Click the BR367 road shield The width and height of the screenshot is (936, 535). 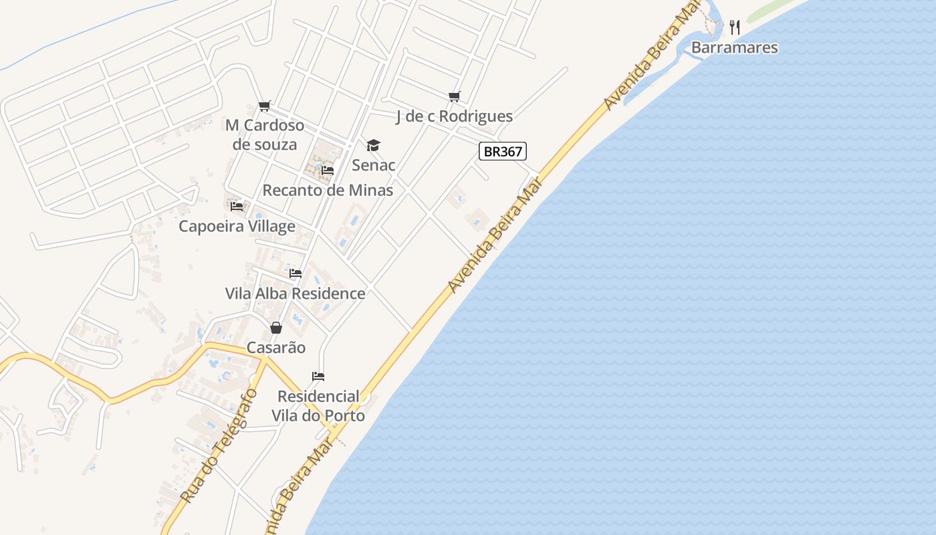point(503,151)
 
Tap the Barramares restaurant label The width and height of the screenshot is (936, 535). point(734,47)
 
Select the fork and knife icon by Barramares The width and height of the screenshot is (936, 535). point(735,27)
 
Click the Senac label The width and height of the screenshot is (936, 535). point(374,165)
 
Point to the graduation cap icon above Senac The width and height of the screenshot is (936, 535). point(373,145)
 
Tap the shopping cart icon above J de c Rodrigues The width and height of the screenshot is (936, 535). point(455,97)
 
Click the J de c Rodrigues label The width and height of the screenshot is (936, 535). point(454,116)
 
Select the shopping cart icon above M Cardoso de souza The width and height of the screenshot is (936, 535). point(265,106)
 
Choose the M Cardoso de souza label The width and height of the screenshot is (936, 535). point(265,134)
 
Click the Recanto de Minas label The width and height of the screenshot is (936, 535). point(328,190)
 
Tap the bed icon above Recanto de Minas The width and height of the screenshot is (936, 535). point(328,171)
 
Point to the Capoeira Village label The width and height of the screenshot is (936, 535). point(237,226)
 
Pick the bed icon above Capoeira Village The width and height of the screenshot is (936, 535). point(237,206)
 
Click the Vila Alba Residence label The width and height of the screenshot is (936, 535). point(295,293)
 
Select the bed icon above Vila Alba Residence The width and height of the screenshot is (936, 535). point(296,274)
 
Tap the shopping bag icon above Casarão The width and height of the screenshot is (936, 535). point(275,328)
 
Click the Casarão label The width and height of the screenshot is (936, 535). point(276,347)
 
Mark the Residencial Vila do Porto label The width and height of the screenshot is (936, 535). point(318,406)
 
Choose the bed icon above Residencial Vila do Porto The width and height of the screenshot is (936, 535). point(318,377)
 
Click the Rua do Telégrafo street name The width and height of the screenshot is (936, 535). point(219,445)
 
